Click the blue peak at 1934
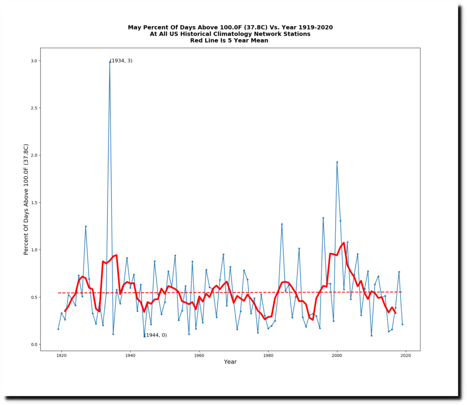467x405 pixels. (x=109, y=62)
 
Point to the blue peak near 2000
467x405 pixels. (x=337, y=162)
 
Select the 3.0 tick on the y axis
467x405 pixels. (x=33, y=61)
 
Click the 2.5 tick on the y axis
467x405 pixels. (x=33, y=108)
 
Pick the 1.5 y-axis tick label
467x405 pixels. (x=33, y=202)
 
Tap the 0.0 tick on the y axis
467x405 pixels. (x=33, y=344)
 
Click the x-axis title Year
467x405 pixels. (x=230, y=362)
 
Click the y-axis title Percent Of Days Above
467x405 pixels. (x=26, y=199)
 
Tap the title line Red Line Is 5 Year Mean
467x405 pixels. (x=229, y=40)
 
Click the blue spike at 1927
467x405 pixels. (x=85, y=226)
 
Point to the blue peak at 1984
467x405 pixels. (x=282, y=224)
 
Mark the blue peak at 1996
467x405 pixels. (x=323, y=218)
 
